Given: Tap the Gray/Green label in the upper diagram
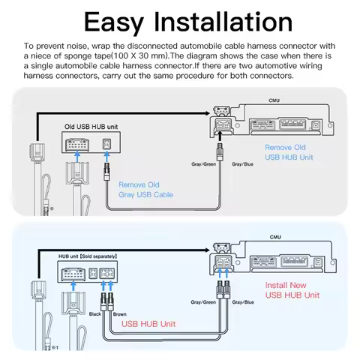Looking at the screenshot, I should point(204,163).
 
